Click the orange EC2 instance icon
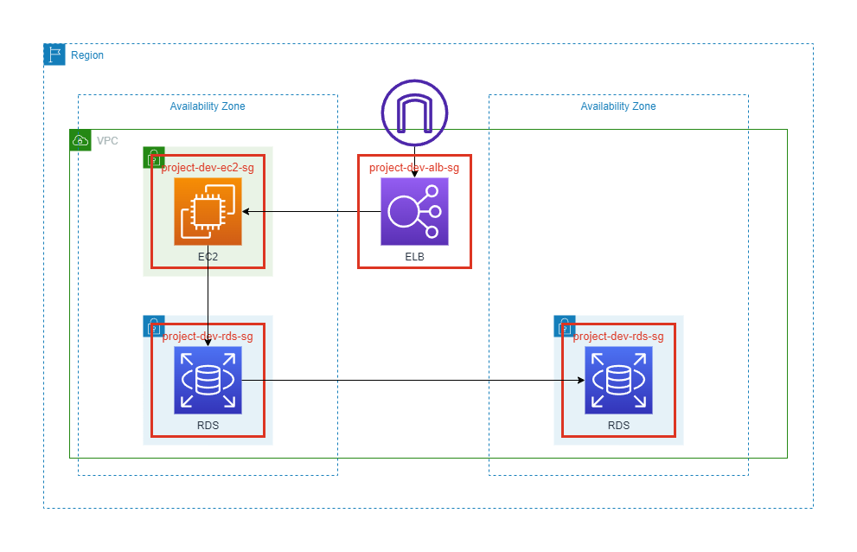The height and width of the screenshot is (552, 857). coord(208,212)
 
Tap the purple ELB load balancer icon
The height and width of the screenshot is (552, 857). coord(414,212)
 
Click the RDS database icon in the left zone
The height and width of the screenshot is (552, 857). coord(208,381)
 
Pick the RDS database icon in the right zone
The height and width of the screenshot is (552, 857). coord(618,381)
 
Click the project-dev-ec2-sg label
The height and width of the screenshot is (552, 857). coord(208,168)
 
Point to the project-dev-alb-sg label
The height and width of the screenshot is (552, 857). coord(414,168)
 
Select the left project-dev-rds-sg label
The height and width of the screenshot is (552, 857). coord(208,337)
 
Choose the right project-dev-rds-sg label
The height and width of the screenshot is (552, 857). coord(618,337)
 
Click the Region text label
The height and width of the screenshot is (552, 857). coord(87,55)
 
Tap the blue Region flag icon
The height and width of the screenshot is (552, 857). coord(54,55)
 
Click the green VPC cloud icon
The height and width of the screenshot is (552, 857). coord(80,140)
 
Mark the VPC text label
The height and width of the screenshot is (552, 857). coord(107,140)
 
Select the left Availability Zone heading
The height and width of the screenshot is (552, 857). coord(208,106)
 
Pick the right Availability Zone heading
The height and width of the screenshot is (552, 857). coord(618,106)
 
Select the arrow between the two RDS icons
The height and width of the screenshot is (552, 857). coord(406,381)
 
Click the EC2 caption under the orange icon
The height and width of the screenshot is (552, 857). coord(208,258)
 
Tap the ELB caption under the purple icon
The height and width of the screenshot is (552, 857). coord(414,258)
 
